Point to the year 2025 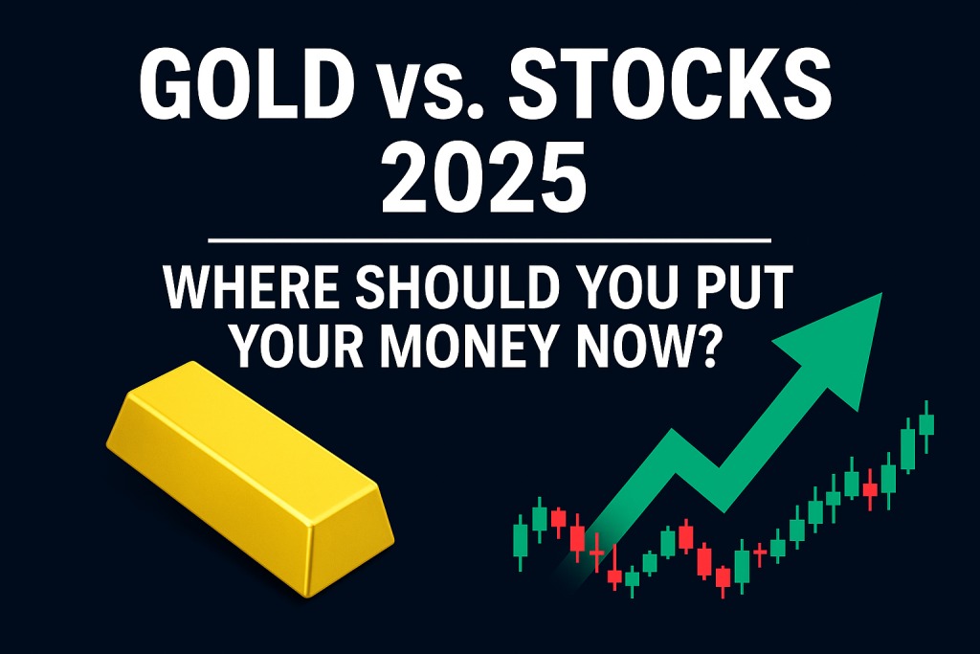484,177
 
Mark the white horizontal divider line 489,239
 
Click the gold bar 250,479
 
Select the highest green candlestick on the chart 926,424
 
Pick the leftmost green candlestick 520,540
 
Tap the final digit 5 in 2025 563,177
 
